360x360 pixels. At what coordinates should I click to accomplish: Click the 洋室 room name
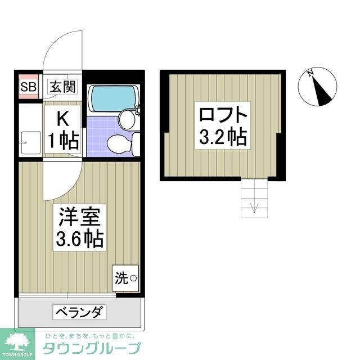click(x=79, y=217)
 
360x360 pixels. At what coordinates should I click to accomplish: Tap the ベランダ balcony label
click(x=79, y=312)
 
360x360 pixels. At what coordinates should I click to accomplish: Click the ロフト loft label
click(x=223, y=114)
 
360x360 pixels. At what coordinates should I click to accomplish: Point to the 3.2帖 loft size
click(x=223, y=137)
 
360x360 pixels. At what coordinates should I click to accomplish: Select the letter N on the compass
click(x=310, y=74)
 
